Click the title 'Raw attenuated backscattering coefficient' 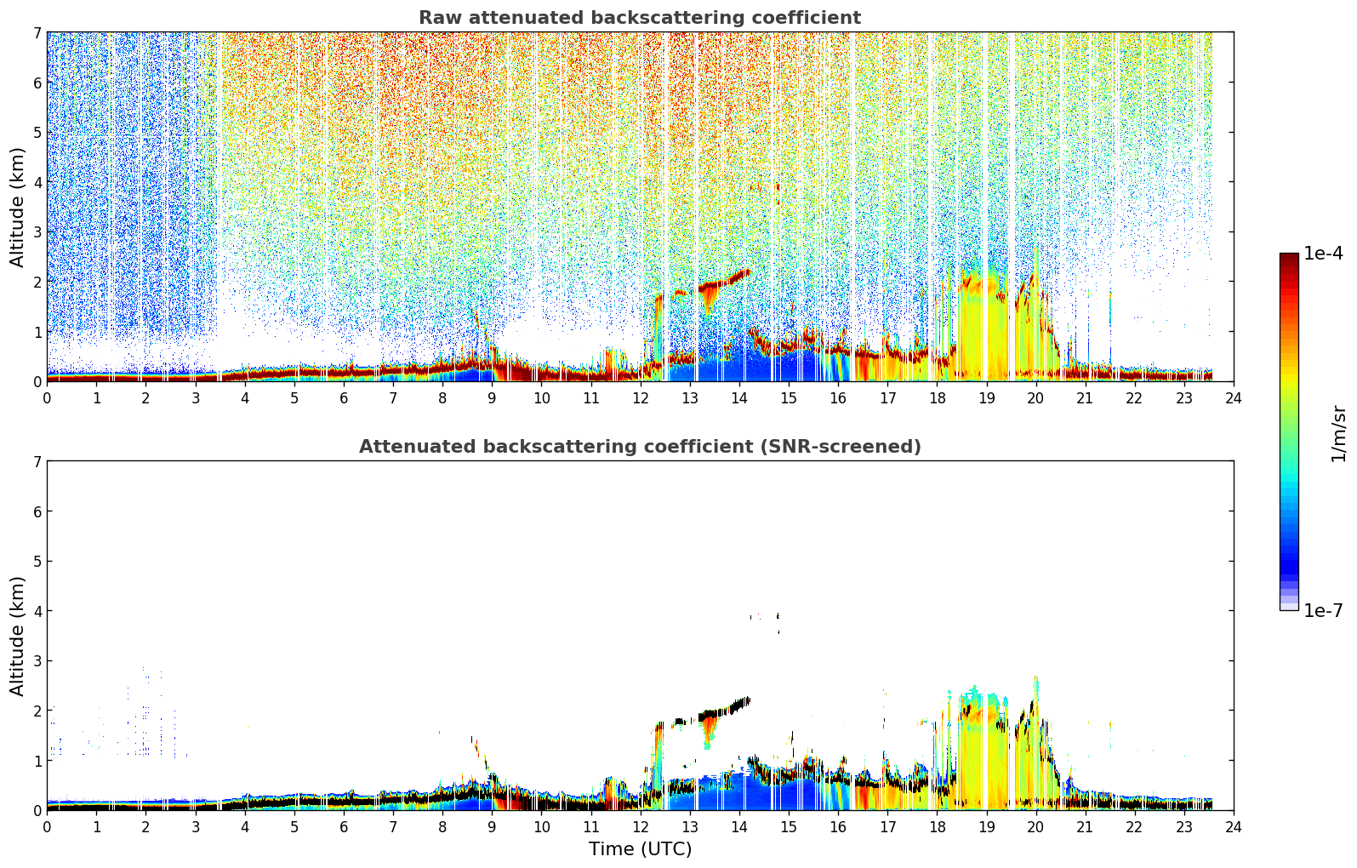[x=640, y=18]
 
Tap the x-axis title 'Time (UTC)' [x=640, y=848]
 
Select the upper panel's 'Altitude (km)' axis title [x=17, y=208]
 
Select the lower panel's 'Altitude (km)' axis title [x=17, y=636]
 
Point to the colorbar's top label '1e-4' [x=1323, y=254]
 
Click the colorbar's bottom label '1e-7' [x=1323, y=610]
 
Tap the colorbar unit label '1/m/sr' [x=1338, y=434]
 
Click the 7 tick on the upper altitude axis [x=37, y=32]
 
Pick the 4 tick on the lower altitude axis [x=37, y=611]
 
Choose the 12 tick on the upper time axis [x=641, y=398]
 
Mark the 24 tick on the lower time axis [x=1234, y=827]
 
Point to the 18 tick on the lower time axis [x=938, y=827]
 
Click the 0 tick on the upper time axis [x=48, y=398]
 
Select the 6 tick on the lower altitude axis [x=37, y=511]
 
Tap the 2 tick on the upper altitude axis [x=37, y=282]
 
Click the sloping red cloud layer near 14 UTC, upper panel [x=725, y=282]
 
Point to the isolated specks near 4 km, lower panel [x=765, y=620]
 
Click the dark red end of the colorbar [x=1289, y=257]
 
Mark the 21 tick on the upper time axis [x=1086, y=398]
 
